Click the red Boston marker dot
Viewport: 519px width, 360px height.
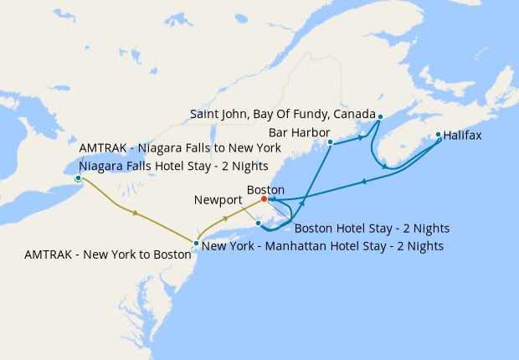(x=264, y=199)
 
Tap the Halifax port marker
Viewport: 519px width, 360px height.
(x=438, y=134)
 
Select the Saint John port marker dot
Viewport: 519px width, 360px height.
(x=380, y=116)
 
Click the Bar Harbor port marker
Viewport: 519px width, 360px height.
(x=331, y=142)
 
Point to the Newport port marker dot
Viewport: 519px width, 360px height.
(x=259, y=223)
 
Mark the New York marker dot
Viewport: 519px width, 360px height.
(x=196, y=244)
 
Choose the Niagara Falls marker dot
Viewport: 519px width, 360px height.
(x=78, y=178)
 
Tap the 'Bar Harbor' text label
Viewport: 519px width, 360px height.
(x=299, y=132)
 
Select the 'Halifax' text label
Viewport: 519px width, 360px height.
(x=462, y=135)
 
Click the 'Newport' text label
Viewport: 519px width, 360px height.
(x=218, y=201)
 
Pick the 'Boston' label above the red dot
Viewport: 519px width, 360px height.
(x=265, y=189)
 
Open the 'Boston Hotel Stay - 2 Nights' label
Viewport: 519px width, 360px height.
(x=371, y=228)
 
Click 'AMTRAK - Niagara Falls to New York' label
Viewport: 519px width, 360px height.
(x=179, y=148)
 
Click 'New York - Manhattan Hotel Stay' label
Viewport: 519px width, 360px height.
(x=322, y=246)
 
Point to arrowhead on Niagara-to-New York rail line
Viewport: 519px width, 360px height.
(x=135, y=213)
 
